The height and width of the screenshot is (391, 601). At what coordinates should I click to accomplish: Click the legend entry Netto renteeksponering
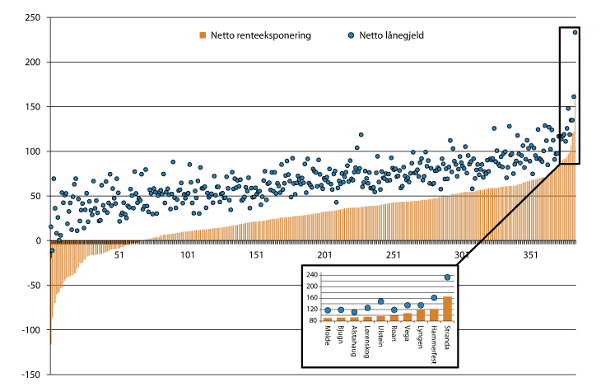[260, 35]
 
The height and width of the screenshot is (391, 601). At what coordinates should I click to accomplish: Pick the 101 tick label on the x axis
[189, 254]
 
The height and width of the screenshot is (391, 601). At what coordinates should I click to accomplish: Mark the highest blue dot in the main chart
[575, 32]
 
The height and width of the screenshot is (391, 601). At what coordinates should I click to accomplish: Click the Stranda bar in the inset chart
[447, 308]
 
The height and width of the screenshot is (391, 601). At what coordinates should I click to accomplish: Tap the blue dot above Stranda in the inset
[447, 277]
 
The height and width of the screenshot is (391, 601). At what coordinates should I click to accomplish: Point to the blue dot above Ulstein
[380, 302]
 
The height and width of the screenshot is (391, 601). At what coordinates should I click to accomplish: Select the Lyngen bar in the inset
[421, 314]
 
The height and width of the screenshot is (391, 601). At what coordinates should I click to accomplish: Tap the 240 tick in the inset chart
[312, 273]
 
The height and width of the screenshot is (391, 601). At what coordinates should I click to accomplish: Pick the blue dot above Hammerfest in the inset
[434, 298]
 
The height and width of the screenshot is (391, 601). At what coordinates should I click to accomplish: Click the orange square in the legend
[201, 35]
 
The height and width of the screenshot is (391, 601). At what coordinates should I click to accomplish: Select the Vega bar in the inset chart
[407, 316]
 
